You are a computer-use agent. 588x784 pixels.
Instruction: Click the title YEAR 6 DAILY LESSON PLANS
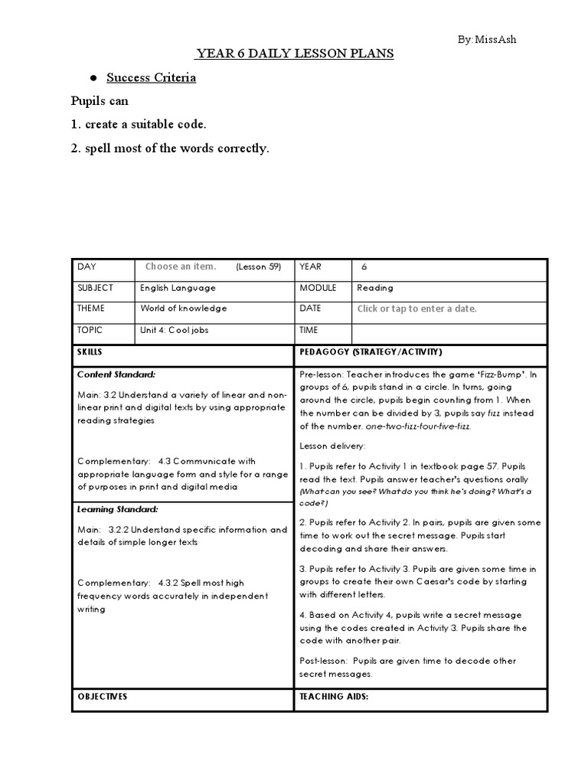pos(295,54)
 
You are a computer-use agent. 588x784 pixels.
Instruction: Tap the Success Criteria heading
pos(151,77)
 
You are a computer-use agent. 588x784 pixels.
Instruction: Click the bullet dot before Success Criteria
pos(93,78)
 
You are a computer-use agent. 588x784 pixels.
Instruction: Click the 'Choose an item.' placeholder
pos(181,267)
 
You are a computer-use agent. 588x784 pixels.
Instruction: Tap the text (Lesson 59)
pos(259,267)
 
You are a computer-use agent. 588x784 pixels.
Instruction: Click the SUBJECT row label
pos(95,288)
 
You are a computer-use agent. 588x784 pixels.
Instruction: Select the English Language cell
pos(178,288)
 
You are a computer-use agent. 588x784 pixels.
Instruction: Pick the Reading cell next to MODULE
pos(375,288)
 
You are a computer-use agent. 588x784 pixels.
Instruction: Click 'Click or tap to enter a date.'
pos(417,309)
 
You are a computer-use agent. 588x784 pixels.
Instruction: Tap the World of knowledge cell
pos(184,309)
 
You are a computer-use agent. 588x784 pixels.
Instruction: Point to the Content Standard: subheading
pos(116,374)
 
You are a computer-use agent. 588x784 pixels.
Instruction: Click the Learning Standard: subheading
pos(118,508)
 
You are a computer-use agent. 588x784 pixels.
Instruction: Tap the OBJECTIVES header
pos(103,697)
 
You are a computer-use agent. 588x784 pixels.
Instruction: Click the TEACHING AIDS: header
pos(335,697)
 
